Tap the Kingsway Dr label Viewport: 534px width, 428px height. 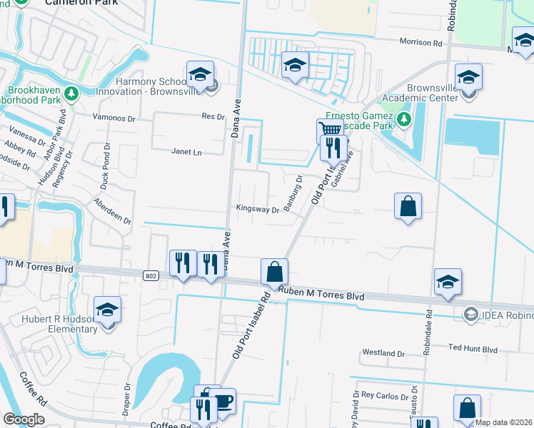click(x=258, y=210)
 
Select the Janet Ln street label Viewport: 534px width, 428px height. click(x=187, y=151)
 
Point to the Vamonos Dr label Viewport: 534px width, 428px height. click(x=115, y=116)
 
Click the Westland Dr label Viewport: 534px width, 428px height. click(x=383, y=353)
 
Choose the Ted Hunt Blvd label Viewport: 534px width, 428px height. click(x=472, y=349)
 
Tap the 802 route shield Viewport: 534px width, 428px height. click(x=150, y=275)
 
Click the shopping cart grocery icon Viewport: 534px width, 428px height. click(x=328, y=130)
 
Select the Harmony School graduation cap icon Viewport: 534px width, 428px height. click(x=200, y=74)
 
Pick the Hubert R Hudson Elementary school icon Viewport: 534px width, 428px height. click(x=108, y=310)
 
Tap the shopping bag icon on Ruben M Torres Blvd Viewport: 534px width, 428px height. click(x=274, y=271)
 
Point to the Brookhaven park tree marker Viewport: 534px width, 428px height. click(x=71, y=93)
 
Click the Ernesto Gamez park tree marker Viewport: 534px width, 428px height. click(x=405, y=118)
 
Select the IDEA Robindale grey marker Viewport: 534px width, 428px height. click(x=470, y=314)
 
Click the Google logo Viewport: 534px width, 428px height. click(x=24, y=419)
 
